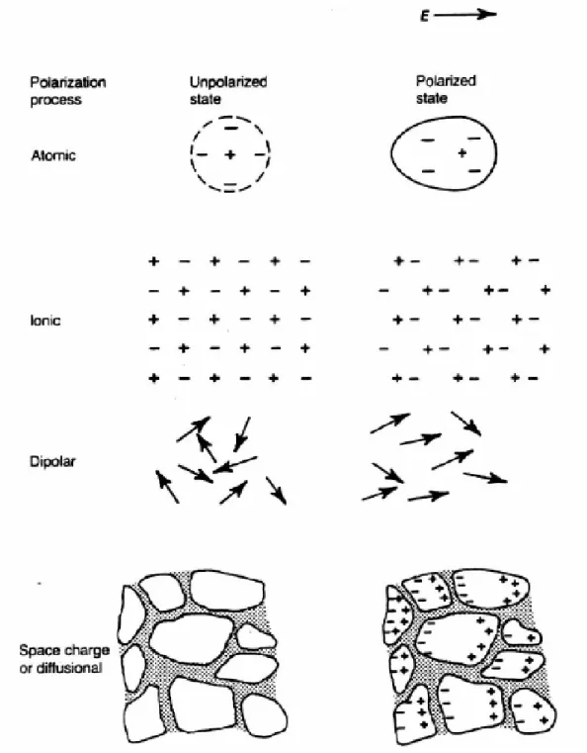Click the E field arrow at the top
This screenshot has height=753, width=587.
coord(465,15)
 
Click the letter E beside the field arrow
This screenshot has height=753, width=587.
coord(424,17)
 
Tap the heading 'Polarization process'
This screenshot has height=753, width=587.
coord(67,91)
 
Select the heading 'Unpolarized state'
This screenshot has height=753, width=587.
coord(228,90)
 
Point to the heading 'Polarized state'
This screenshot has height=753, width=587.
coord(446,89)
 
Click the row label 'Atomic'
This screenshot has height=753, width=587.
coord(53,155)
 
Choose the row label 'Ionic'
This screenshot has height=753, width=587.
coord(45,321)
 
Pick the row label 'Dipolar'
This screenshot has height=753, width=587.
coord(52,461)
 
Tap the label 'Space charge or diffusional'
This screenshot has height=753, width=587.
coord(64,659)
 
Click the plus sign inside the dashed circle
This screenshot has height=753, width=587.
coord(230,154)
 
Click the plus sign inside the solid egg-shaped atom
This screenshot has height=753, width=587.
coord(461,153)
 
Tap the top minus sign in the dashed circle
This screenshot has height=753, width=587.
coord(231,129)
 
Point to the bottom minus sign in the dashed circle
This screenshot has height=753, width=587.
coord(230,184)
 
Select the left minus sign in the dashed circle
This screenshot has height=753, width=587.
coord(202,154)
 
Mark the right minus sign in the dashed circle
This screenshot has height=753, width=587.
coord(260,154)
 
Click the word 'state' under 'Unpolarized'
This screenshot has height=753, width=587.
coord(206,99)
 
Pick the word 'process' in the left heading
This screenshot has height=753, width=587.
coord(55,100)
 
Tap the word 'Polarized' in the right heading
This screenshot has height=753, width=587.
coord(446,81)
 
